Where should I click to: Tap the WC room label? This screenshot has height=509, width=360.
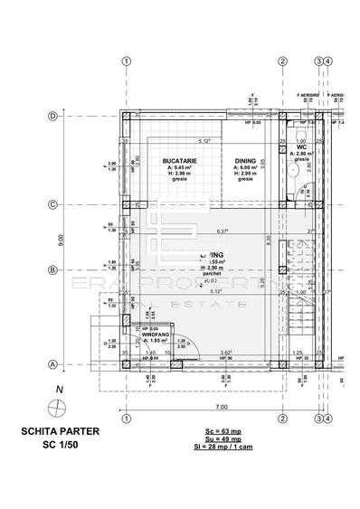click(302, 146)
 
